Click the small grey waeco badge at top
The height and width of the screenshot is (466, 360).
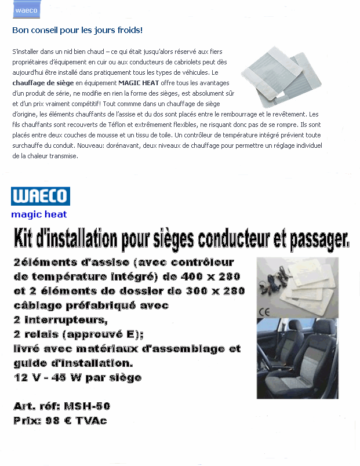coord(27,10)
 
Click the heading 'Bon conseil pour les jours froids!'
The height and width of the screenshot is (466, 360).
coord(77,30)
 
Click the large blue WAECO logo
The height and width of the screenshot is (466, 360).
coord(41,196)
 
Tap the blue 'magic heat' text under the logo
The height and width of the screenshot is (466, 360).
coord(39,214)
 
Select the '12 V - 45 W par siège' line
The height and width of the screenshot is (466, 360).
coord(77,377)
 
